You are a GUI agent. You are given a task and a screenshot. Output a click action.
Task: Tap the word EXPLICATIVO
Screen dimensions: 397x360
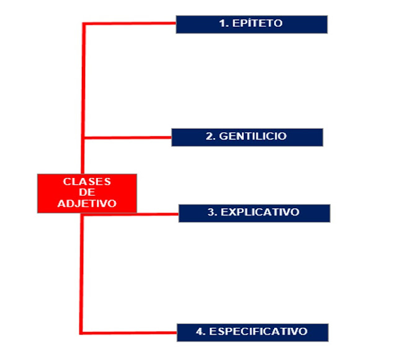(260, 212)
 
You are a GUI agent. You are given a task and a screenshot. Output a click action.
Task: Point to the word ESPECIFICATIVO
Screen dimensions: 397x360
(258, 331)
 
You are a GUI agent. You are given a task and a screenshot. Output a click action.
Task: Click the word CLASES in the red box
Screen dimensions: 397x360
(87, 182)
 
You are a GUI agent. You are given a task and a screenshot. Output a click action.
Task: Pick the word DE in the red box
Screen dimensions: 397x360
(87, 192)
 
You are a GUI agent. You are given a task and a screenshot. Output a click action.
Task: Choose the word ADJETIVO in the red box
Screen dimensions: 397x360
(87, 203)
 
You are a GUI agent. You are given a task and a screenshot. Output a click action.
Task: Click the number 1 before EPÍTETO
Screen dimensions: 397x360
(221, 24)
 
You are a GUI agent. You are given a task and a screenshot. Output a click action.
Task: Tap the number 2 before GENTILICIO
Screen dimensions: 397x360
(209, 136)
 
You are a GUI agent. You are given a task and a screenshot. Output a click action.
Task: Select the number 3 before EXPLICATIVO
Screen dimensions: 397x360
(211, 212)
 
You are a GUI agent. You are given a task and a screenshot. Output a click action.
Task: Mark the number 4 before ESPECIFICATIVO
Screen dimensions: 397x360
(200, 331)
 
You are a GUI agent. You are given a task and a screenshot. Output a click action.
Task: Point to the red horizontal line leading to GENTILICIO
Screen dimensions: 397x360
(127, 136)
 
